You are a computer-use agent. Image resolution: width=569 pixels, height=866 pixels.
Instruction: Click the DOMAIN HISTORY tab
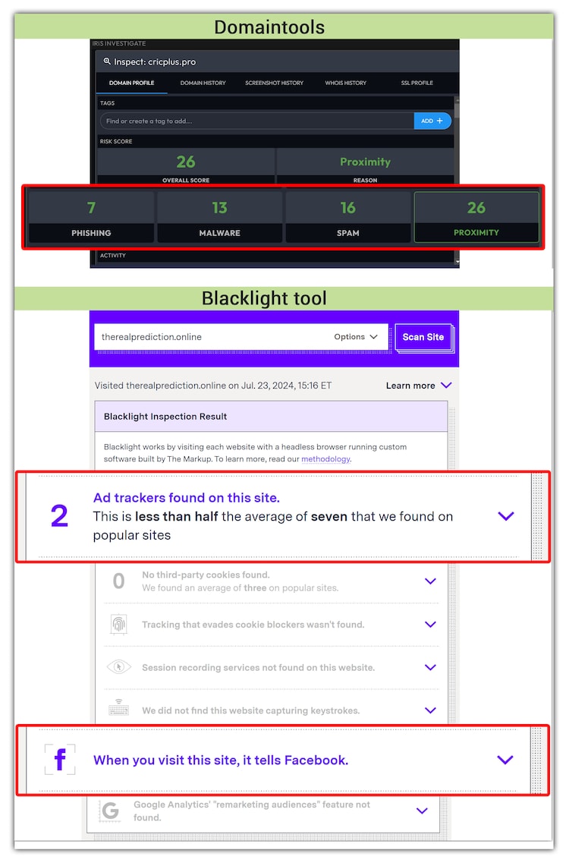tap(203, 83)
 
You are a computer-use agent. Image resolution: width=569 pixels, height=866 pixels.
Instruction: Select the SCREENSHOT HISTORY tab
tap(275, 83)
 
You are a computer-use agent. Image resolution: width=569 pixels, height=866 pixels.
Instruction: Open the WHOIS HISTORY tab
tap(345, 83)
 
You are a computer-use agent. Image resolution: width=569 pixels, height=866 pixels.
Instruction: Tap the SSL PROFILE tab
tap(417, 83)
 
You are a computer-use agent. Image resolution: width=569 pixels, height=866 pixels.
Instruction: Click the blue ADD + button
tap(432, 121)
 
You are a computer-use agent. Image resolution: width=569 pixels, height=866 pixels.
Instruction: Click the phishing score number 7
tap(91, 208)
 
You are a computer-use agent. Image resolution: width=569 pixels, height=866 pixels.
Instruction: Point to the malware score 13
tap(220, 208)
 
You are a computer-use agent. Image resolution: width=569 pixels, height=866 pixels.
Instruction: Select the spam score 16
tap(347, 208)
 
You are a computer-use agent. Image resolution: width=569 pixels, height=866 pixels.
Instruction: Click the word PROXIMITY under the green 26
tap(476, 232)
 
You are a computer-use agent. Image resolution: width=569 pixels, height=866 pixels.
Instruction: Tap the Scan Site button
tap(423, 337)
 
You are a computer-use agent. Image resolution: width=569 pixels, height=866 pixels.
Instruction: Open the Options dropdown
tap(355, 337)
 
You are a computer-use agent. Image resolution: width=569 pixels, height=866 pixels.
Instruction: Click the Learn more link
tap(418, 386)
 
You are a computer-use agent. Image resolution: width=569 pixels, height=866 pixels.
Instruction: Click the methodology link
tap(325, 459)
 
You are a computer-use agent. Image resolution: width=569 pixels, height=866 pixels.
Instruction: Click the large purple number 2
tap(60, 516)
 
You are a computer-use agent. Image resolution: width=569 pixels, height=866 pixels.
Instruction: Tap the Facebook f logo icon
tap(60, 760)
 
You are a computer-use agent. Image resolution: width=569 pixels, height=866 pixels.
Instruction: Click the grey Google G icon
tap(110, 811)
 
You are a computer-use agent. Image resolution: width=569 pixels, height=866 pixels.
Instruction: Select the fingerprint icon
tap(118, 624)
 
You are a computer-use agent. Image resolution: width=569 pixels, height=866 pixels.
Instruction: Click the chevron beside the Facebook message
tap(505, 760)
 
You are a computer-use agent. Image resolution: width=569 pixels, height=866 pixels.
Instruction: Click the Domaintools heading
tap(269, 27)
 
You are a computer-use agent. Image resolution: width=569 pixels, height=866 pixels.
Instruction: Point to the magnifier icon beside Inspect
tap(107, 61)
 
